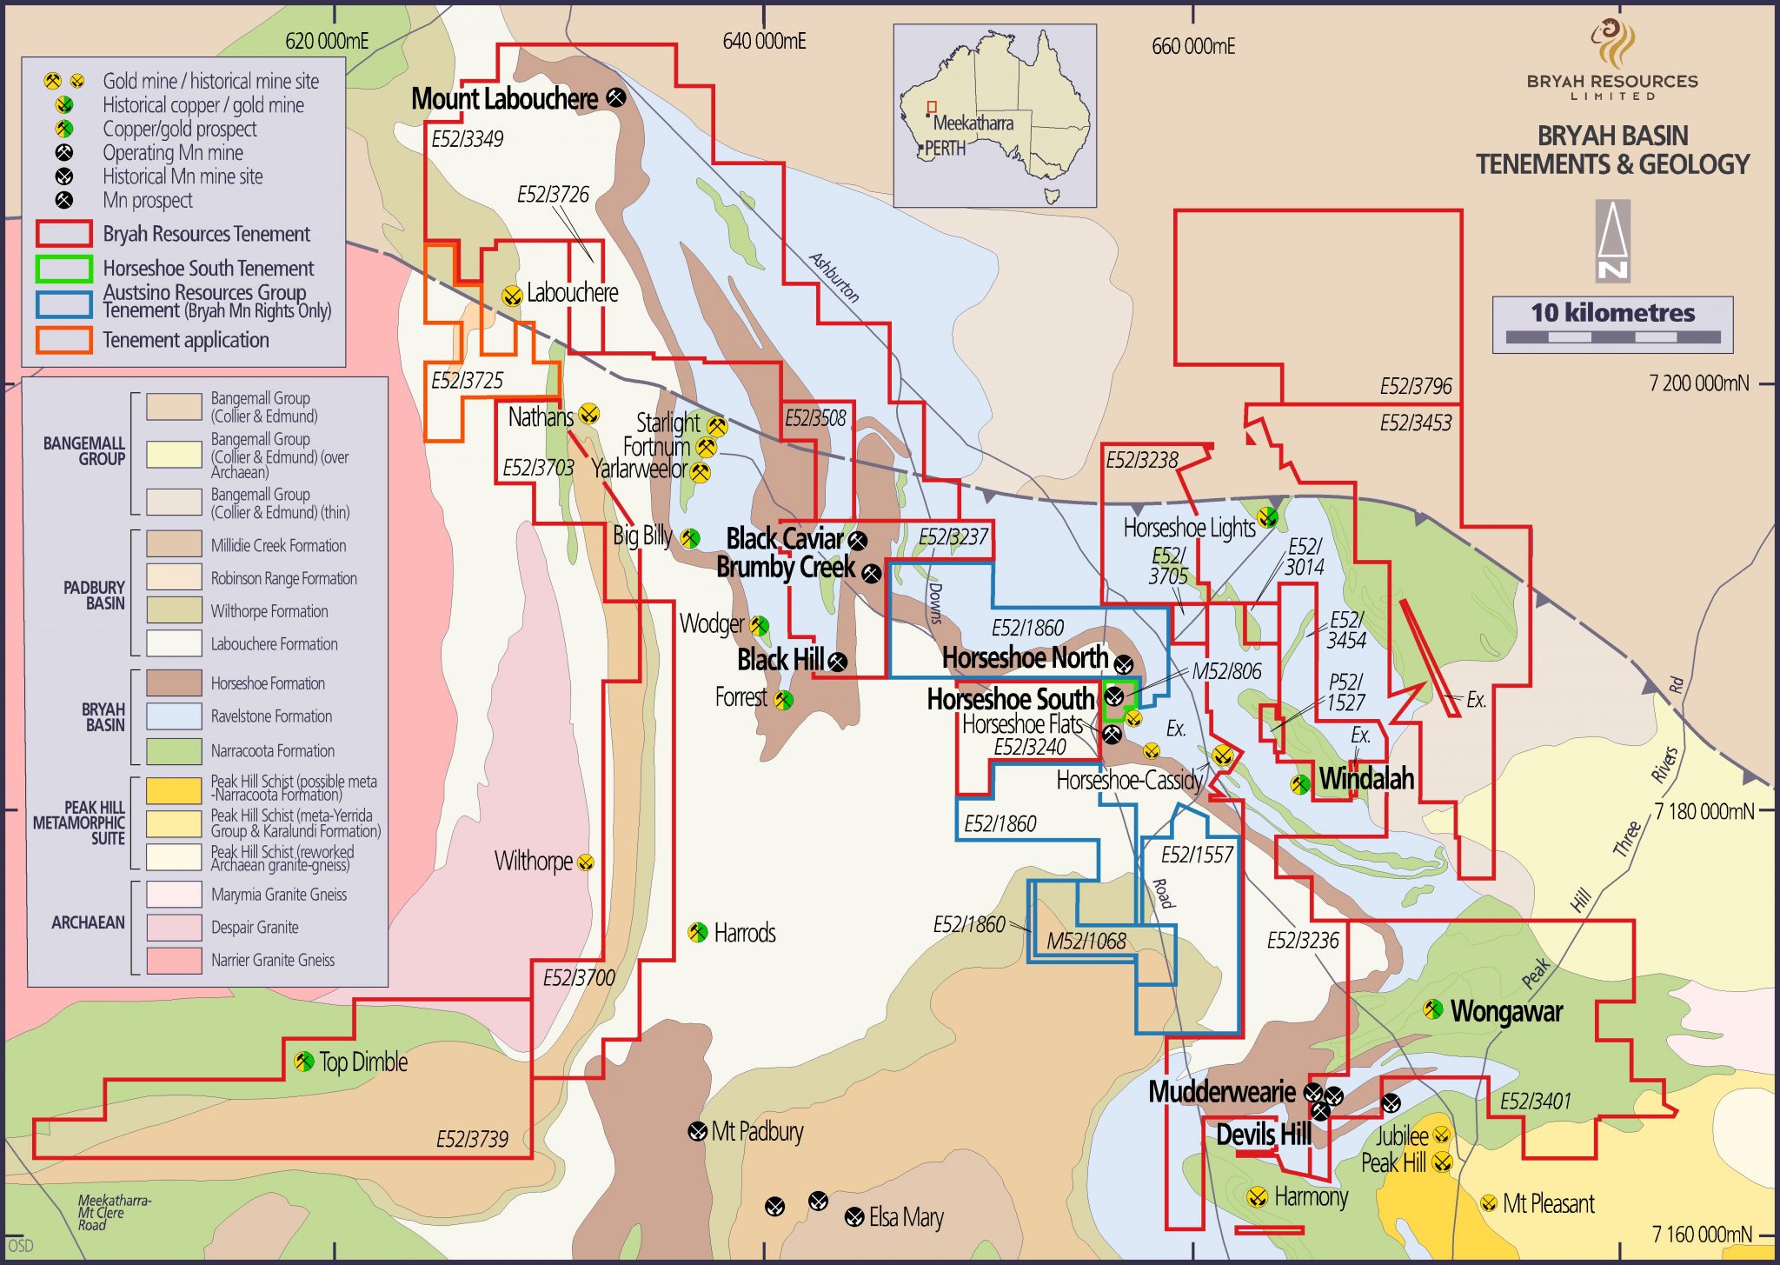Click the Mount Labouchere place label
[504, 99]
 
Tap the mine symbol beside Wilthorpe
[586, 862]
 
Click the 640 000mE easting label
[764, 41]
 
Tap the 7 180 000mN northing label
[1704, 811]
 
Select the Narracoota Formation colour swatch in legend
[174, 750]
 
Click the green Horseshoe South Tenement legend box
[63, 269]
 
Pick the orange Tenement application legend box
[63, 340]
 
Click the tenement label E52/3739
[472, 1139]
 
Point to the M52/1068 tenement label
[1086, 941]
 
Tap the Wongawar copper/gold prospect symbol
[1432, 1009]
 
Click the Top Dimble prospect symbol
[303, 1062]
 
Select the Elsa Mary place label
[906, 1217]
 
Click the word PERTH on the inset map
[945, 149]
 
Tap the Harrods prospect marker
[697, 933]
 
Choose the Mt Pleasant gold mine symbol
[1488, 1204]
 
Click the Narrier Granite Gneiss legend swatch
[174, 960]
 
